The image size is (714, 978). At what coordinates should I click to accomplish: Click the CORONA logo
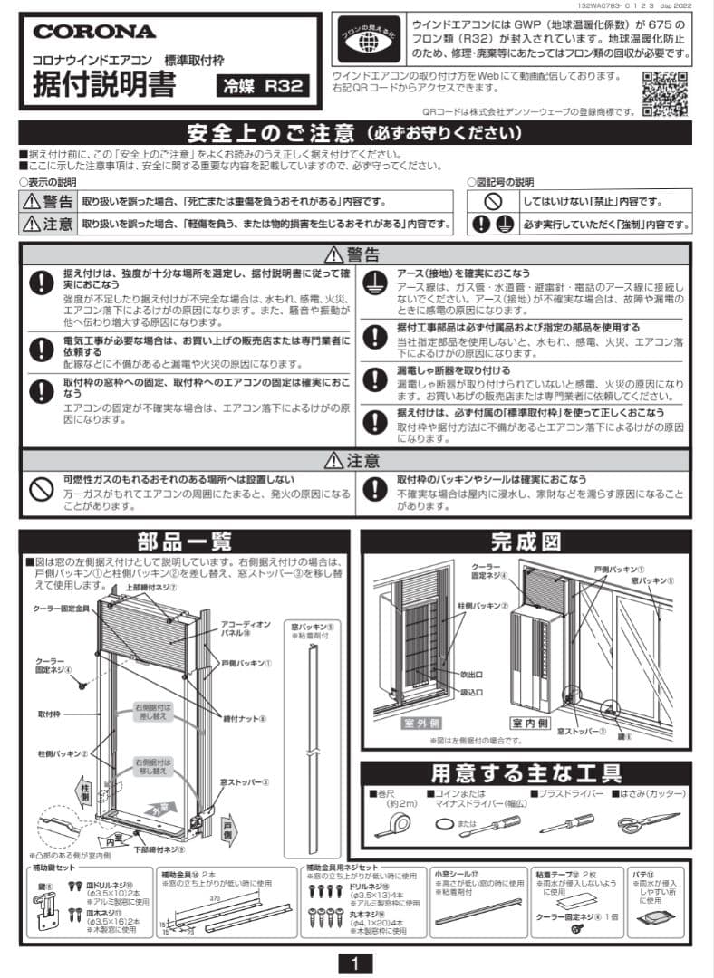click(x=95, y=32)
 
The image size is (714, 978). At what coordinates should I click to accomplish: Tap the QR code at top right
click(x=664, y=92)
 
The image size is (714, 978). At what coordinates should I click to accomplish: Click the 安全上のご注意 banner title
click(x=355, y=133)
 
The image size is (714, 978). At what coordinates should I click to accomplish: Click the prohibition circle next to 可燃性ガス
click(x=41, y=489)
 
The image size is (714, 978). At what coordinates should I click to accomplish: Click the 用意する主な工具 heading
click(x=526, y=773)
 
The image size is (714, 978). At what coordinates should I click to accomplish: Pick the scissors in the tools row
click(x=647, y=823)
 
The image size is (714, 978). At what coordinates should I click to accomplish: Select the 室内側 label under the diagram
click(x=533, y=724)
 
